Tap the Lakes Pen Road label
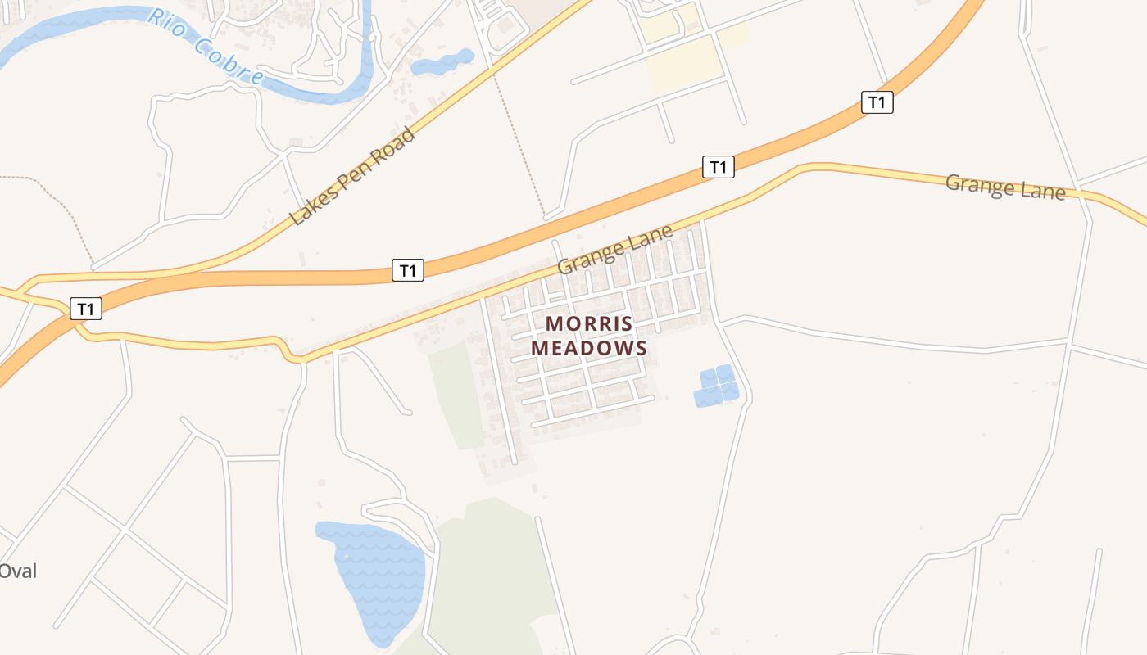[352, 177]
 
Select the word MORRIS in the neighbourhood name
[589, 323]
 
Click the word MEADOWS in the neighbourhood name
[589, 347]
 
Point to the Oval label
[18, 571]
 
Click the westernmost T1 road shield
[86, 309]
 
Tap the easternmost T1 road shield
[877, 102]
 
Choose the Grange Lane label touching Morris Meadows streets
[615, 249]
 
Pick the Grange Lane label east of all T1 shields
[1005, 187]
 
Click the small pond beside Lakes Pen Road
[442, 63]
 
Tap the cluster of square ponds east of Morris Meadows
[716, 386]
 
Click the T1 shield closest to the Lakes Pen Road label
[408, 269]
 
